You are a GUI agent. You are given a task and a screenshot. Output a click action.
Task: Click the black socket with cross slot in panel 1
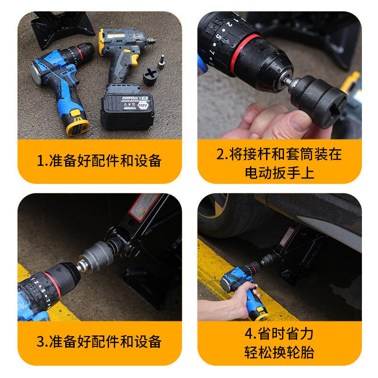click(150, 76)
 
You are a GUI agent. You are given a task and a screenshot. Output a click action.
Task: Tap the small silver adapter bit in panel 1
click(161, 62)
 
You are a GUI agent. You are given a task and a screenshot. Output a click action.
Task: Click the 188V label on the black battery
click(143, 105)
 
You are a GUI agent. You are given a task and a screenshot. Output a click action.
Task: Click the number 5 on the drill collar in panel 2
click(219, 37)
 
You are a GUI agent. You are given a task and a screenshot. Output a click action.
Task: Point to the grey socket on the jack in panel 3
click(96, 256)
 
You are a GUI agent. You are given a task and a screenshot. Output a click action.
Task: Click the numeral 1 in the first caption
click(40, 161)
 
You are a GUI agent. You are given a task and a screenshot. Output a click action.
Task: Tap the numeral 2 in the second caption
click(220, 155)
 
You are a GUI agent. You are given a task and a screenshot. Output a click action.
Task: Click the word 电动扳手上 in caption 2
click(280, 173)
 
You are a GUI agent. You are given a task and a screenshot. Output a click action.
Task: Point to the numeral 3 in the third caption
click(40, 342)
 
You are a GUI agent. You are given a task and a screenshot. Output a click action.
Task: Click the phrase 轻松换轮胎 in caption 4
click(279, 352)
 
